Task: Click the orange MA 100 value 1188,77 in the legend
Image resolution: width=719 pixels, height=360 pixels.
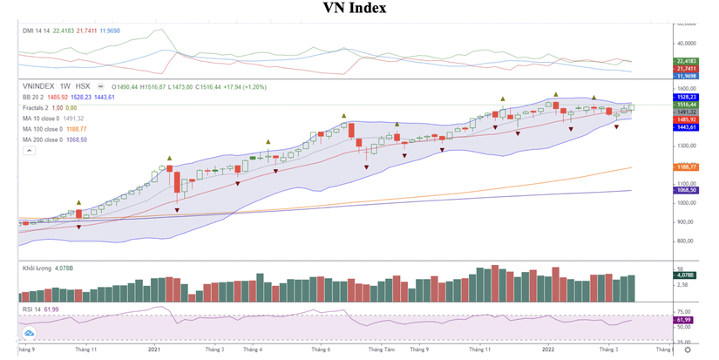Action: (x=78, y=129)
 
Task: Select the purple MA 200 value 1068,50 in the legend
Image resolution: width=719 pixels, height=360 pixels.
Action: (x=78, y=139)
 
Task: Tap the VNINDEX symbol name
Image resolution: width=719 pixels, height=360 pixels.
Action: (x=39, y=86)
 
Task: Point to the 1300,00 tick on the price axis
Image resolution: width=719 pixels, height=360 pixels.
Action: (x=687, y=146)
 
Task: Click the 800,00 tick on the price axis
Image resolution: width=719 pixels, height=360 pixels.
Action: (x=687, y=241)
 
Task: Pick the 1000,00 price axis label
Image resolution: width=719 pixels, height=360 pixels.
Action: (x=687, y=203)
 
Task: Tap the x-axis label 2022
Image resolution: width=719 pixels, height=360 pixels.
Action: (x=548, y=350)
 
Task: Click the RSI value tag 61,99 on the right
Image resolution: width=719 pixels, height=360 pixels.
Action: (x=685, y=320)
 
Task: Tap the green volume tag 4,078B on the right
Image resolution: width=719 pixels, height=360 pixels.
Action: (x=685, y=276)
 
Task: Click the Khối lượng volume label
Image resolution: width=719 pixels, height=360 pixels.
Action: (x=37, y=269)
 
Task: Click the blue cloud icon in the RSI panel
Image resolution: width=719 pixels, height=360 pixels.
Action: (x=29, y=332)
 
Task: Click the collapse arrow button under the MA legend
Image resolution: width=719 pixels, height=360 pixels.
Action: (x=29, y=151)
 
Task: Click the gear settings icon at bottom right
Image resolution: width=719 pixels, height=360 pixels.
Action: (x=688, y=350)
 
